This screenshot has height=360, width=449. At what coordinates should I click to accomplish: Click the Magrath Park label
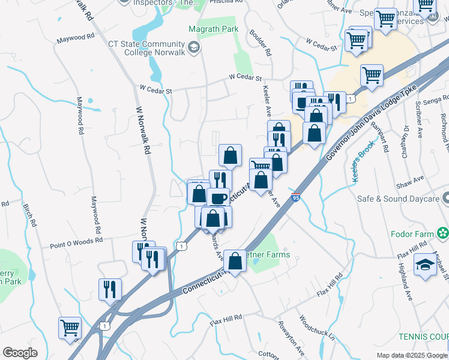213,29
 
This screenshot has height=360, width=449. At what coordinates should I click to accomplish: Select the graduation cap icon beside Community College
194,47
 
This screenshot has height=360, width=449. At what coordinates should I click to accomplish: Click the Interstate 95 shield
297,196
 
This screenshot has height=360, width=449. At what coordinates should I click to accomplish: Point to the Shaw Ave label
414,178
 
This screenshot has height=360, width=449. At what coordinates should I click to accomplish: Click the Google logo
20,353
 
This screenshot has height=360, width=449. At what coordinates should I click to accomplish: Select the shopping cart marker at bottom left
70,328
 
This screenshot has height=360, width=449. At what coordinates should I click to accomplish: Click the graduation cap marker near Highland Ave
425,264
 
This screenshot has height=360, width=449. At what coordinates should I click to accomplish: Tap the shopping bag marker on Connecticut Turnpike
235,261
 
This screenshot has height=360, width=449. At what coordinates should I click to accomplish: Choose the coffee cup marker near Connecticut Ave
218,198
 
